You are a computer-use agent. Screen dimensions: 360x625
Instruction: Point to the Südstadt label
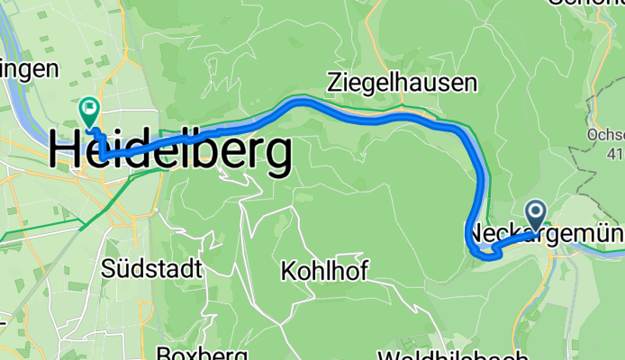click(x=151, y=268)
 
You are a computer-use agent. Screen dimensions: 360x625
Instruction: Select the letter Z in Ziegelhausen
click(x=335, y=84)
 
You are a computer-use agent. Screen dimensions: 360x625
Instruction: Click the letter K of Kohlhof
click(x=287, y=269)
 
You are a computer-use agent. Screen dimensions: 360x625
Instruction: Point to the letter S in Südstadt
click(x=109, y=268)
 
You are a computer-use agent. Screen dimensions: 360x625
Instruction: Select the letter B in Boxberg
click(x=164, y=354)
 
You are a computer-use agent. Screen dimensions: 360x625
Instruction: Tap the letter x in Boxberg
click(x=190, y=354)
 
